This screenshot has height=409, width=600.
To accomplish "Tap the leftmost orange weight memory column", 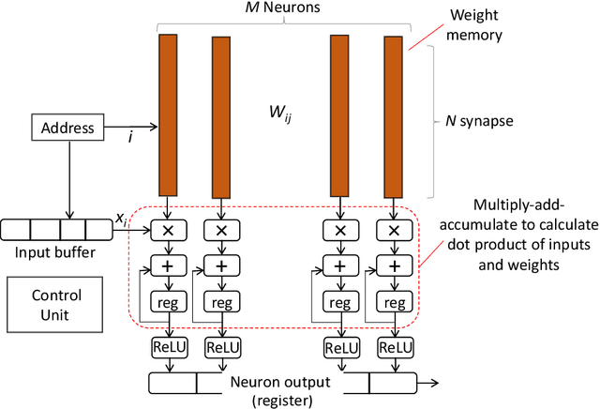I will (x=168, y=113).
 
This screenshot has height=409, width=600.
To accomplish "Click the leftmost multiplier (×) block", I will (x=169, y=230).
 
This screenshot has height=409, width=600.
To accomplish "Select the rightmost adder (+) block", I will (x=390, y=266).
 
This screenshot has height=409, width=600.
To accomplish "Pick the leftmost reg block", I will (x=169, y=303).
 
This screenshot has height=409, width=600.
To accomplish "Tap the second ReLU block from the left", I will (x=221, y=347).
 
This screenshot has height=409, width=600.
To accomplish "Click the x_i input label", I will (x=121, y=218).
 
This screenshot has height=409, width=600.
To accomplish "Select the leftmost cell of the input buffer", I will (x=16, y=229).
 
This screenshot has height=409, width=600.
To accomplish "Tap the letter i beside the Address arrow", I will (x=131, y=137).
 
